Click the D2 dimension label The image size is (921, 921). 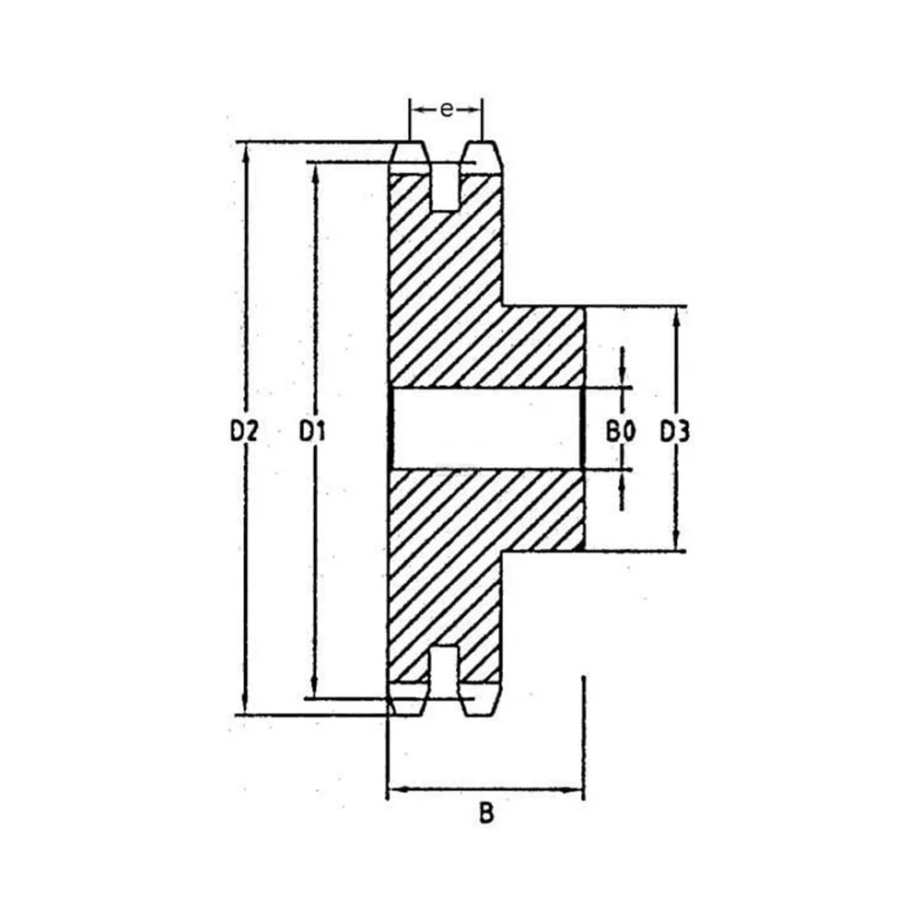coord(244,432)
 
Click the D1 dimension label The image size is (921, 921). coord(312,432)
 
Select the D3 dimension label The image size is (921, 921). coord(675,432)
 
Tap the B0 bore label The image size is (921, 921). coord(620,432)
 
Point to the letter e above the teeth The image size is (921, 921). coord(447,110)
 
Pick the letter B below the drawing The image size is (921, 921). coord(486,813)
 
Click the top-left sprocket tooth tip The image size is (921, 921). coord(409,144)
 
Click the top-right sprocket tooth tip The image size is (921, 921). coord(483,144)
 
